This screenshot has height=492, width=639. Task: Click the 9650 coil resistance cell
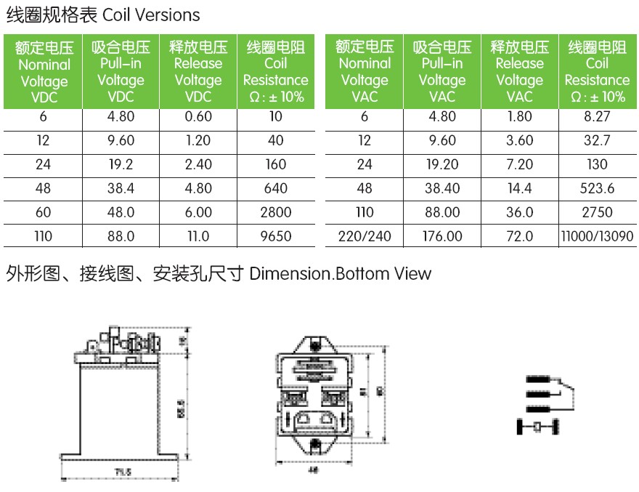[276, 236]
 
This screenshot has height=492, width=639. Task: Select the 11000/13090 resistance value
[597, 236]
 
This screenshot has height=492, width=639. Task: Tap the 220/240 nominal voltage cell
[365, 236]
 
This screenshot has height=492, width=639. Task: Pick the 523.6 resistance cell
[597, 188]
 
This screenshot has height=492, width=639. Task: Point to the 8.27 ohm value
[597, 116]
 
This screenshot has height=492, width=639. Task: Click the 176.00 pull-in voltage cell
[441, 236]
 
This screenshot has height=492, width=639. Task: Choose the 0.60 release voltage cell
[198, 116]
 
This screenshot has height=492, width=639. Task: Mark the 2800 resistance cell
[276, 212]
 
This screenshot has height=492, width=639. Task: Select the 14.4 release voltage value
[519, 188]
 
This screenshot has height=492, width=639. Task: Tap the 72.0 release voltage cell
[519, 236]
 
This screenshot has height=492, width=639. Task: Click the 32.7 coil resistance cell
[597, 140]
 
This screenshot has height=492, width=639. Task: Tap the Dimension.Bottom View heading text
[340, 274]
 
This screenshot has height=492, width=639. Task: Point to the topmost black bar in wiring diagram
[535, 379]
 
